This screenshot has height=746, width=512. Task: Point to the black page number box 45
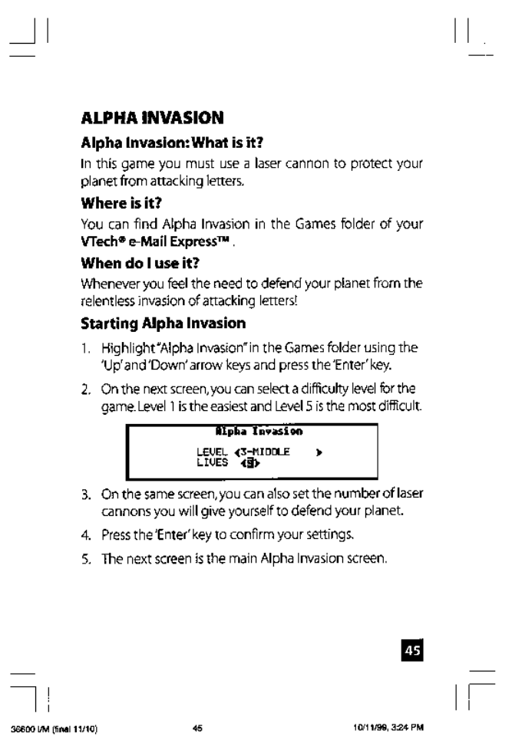[413, 629]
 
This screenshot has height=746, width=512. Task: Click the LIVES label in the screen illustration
[210, 462]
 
